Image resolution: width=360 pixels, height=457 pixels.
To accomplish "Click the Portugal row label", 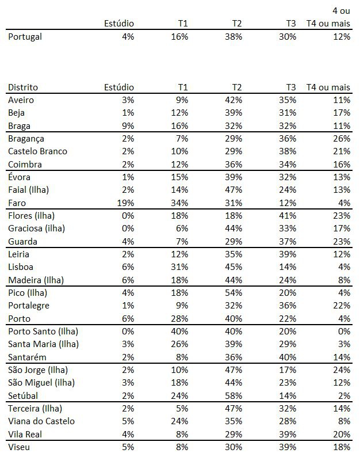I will click(x=25, y=36).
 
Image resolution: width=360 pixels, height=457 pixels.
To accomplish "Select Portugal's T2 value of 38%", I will click(x=234, y=36).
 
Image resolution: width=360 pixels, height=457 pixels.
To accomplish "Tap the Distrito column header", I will click(x=22, y=87).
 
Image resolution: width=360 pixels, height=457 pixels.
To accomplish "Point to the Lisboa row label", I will click(x=21, y=267).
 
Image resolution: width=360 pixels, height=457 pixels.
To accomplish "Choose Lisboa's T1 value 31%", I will click(x=180, y=267).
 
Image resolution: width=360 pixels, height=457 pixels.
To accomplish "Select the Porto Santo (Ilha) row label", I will click(x=43, y=332).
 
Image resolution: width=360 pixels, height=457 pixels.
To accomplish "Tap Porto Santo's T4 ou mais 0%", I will click(x=344, y=332).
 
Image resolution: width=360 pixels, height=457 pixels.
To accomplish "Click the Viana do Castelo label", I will click(x=41, y=421).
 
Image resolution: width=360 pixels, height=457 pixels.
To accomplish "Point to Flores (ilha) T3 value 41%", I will click(x=288, y=216).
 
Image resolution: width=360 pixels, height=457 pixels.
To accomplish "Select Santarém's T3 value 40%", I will click(x=288, y=357).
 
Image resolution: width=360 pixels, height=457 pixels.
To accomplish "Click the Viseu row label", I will click(x=20, y=447).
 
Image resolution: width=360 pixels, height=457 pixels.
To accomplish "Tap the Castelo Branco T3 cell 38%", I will click(x=288, y=151).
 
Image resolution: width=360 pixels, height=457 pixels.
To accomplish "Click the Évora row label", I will click(x=20, y=177).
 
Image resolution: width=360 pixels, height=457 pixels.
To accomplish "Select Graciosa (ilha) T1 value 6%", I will click(x=182, y=228).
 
